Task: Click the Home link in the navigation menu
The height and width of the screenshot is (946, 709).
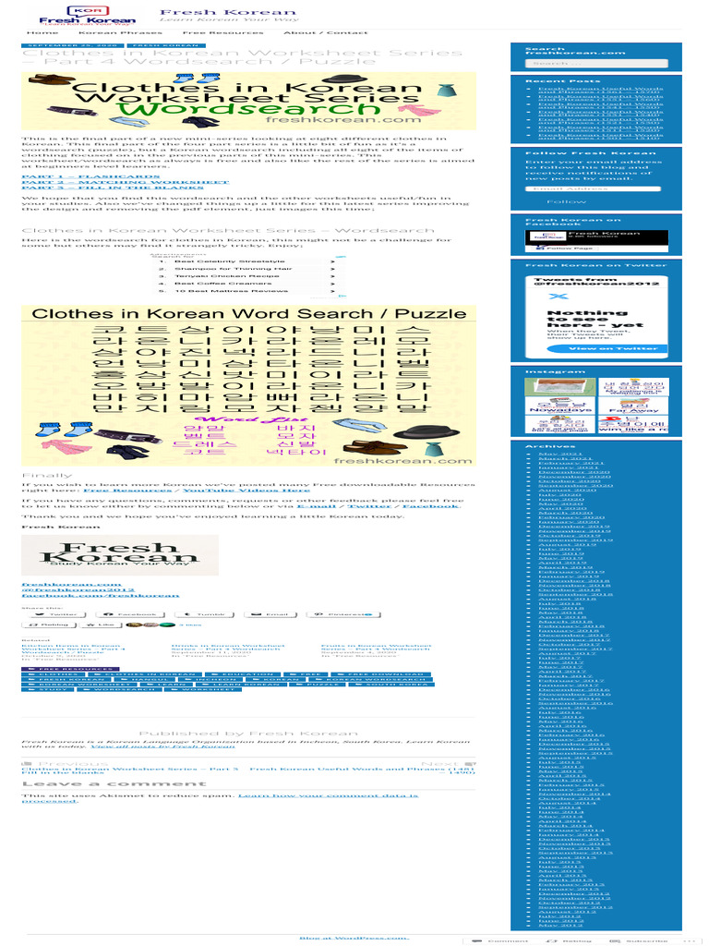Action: tap(43, 32)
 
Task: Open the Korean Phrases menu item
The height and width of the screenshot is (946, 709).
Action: tap(108, 32)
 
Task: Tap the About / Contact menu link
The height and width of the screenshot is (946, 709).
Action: tap(313, 32)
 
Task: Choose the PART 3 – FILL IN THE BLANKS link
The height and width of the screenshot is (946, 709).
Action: tap(112, 189)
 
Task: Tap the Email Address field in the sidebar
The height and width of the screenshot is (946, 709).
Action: tap(592, 188)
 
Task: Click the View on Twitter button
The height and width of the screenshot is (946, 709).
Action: tap(599, 348)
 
